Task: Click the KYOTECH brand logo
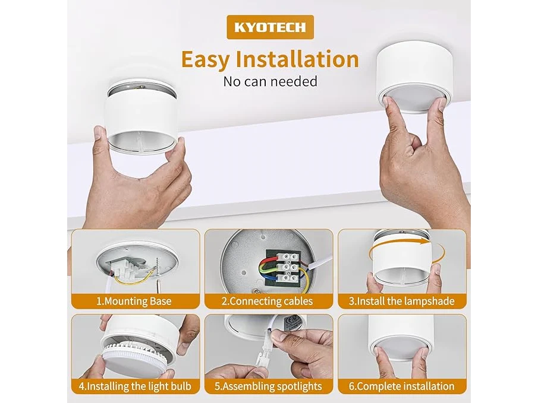[x=270, y=27]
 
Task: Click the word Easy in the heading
[x=206, y=59]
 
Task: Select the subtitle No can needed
[x=270, y=81]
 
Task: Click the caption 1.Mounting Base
[x=134, y=302]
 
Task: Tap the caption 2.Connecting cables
[x=267, y=302]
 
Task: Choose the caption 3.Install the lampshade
[x=401, y=302]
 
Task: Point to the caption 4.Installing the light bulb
[x=135, y=386]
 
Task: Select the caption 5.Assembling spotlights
[x=268, y=386]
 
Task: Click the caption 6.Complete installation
[x=401, y=386]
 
